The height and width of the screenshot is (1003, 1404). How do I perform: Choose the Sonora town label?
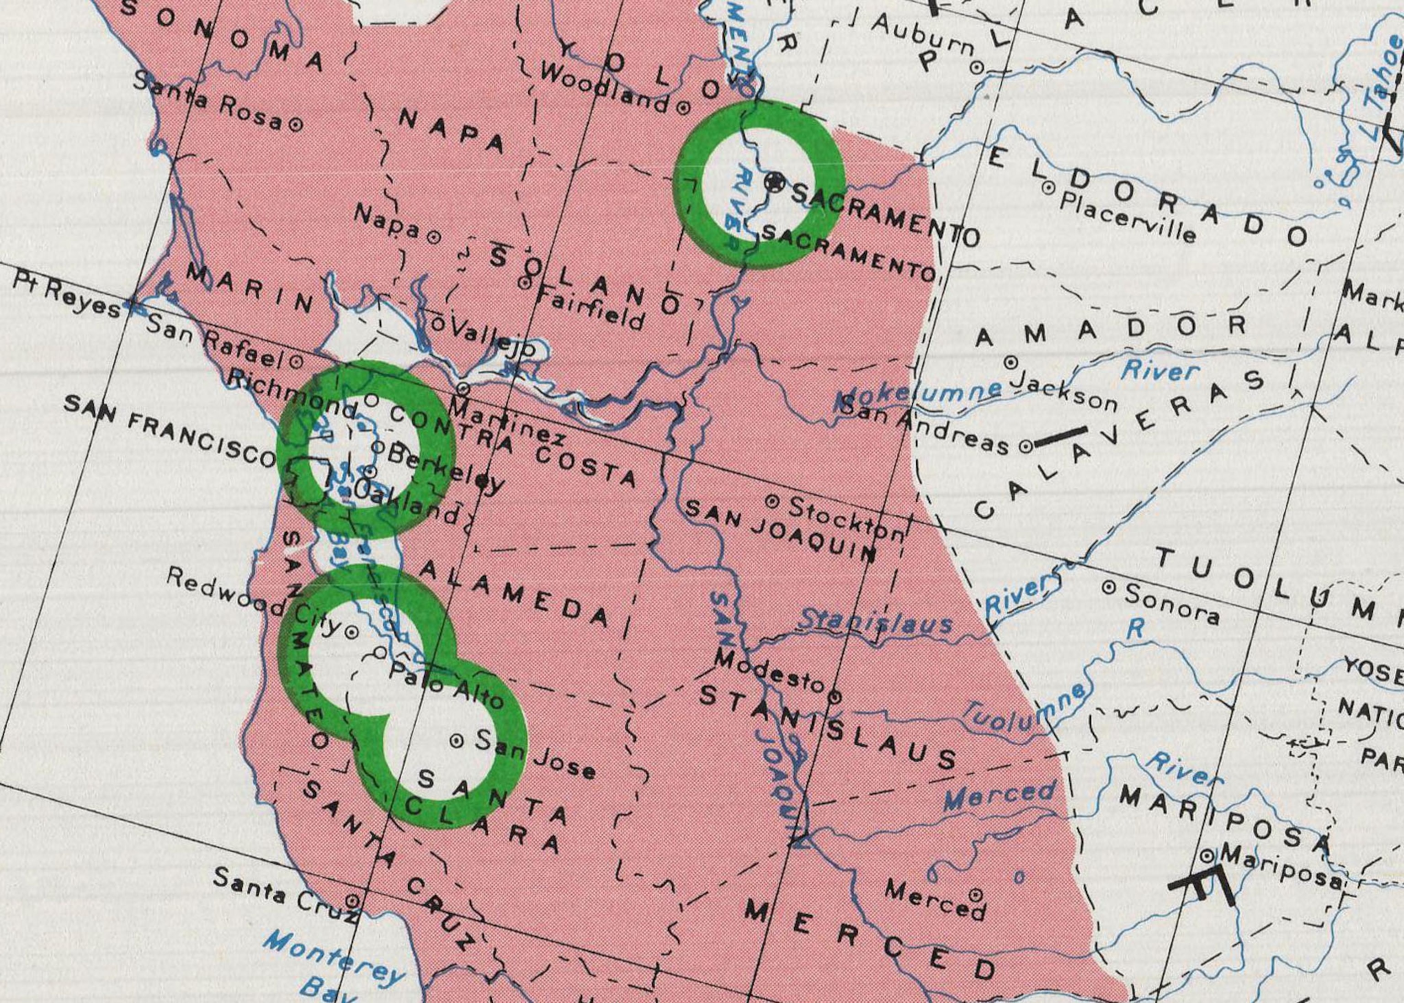pyautogui.click(x=1172, y=603)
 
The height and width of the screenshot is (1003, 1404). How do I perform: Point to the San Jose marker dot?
pyautogui.click(x=457, y=741)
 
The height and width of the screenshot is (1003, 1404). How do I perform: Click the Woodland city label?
pyautogui.click(x=605, y=88)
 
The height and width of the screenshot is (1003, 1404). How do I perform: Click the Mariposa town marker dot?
pyautogui.click(x=1207, y=856)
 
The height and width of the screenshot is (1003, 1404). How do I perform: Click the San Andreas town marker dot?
pyautogui.click(x=1026, y=446)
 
